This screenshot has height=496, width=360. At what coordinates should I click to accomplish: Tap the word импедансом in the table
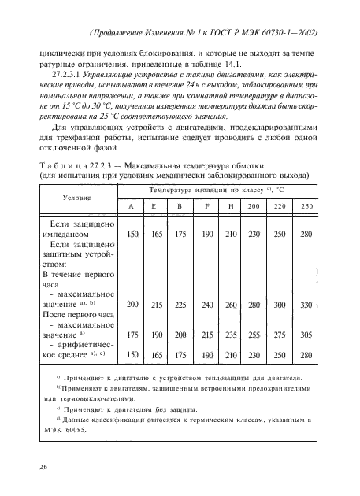[72, 233]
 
